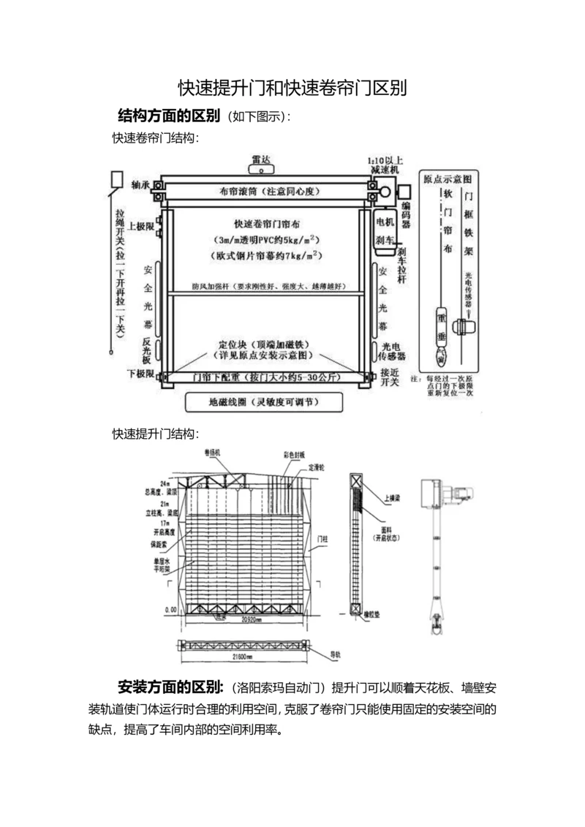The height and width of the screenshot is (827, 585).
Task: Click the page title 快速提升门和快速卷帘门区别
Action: coord(292,88)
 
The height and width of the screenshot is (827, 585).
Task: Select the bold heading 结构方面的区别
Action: coord(169,116)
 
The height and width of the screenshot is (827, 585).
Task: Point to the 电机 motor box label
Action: coord(385,220)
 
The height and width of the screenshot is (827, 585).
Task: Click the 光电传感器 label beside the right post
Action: coord(392,351)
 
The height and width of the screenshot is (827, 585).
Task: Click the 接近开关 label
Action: coord(388,377)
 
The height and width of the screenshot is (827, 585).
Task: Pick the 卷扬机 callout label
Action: coord(213,453)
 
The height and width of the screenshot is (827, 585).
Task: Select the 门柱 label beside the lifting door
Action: coord(322,538)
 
